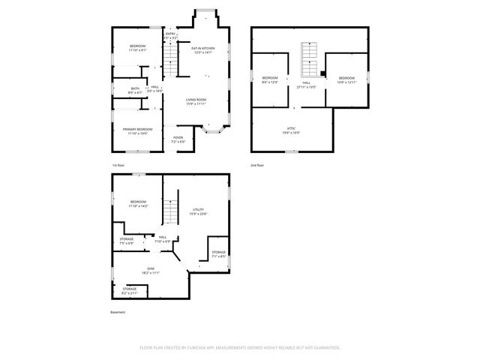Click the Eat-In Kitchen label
(203, 50)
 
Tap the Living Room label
(196, 101)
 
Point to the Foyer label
(178, 139)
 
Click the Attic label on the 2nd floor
(290, 130)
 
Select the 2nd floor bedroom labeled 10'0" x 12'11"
(346, 79)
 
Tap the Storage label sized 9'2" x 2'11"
(130, 289)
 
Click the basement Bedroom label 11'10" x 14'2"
(138, 203)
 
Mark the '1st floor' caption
(119, 164)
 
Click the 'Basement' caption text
(118, 312)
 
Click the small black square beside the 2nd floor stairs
(322, 73)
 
